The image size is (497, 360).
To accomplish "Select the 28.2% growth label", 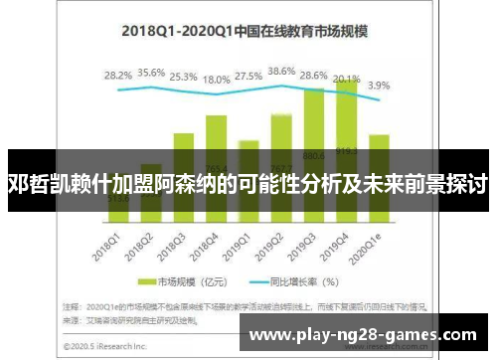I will coord(118,76).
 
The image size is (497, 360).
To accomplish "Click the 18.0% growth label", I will coord(217,80).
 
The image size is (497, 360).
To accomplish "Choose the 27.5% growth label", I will coord(249,76).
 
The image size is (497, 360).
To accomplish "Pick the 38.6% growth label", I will coord(282,72).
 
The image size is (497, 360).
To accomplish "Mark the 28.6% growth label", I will coord(314,76).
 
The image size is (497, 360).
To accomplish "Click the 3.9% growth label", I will coord(380,86).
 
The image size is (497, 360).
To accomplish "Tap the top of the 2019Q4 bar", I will coord(347,82).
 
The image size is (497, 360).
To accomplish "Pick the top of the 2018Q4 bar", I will coord(217,116).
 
